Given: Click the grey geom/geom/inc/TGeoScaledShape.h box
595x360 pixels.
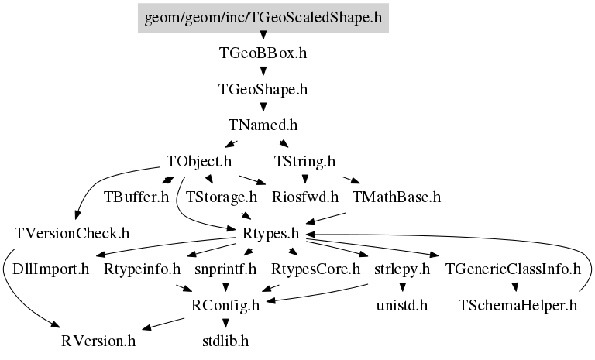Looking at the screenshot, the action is pyautogui.click(x=263, y=18).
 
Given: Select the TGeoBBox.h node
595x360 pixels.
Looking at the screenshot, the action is pyautogui.click(x=263, y=53).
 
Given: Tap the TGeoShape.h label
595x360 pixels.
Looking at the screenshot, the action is pyautogui.click(x=263, y=90).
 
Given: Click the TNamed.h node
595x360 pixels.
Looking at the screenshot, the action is pyautogui.click(x=263, y=125).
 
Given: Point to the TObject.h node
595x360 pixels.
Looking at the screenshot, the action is pyautogui.click(x=199, y=161).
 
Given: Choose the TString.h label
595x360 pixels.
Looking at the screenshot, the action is pyautogui.click(x=305, y=161).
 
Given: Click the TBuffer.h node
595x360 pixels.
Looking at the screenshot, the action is pyautogui.click(x=136, y=197).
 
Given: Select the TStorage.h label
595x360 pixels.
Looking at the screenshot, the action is pyautogui.click(x=222, y=197).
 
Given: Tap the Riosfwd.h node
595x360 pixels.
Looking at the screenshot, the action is pyautogui.click(x=305, y=197).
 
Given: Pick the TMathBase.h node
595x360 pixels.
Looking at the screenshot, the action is pyautogui.click(x=397, y=197).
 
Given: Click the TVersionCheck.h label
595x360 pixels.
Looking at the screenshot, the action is pyautogui.click(x=72, y=233).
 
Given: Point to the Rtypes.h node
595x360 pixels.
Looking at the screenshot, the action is pyautogui.click(x=271, y=233).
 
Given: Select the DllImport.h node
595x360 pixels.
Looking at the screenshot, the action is pyautogui.click(x=50, y=269).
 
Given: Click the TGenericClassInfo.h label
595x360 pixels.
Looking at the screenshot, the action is pyautogui.click(x=513, y=269).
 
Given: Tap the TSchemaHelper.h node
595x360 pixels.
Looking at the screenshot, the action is pyautogui.click(x=518, y=305).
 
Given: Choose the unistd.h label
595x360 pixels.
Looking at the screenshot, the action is pyautogui.click(x=402, y=305).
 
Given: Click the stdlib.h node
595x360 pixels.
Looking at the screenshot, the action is pyautogui.click(x=225, y=341).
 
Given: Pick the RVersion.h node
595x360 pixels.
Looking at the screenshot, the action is pyautogui.click(x=98, y=341).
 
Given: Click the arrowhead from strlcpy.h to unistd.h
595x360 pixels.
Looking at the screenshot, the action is pyautogui.click(x=402, y=287).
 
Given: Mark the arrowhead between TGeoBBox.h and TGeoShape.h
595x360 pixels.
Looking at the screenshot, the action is pyautogui.click(x=263, y=71).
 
